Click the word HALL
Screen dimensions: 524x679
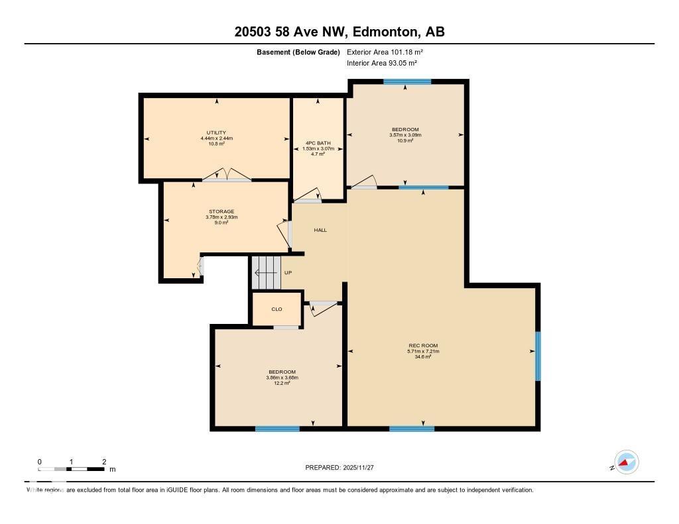tap(320, 230)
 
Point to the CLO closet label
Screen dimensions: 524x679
tap(277, 309)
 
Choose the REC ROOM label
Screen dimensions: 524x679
tap(423, 345)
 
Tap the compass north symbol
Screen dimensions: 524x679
tap(626, 462)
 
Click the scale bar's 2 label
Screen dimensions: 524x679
tap(104, 462)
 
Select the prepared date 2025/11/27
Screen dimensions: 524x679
tap(364, 468)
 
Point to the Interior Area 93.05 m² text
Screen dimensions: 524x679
tap(381, 63)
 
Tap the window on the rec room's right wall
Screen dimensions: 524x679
tap(538, 356)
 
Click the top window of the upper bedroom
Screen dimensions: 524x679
tap(407, 82)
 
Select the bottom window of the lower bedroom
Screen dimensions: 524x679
tap(277, 429)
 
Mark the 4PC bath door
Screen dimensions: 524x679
tap(308, 196)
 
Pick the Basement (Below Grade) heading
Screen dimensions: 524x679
tap(299, 52)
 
